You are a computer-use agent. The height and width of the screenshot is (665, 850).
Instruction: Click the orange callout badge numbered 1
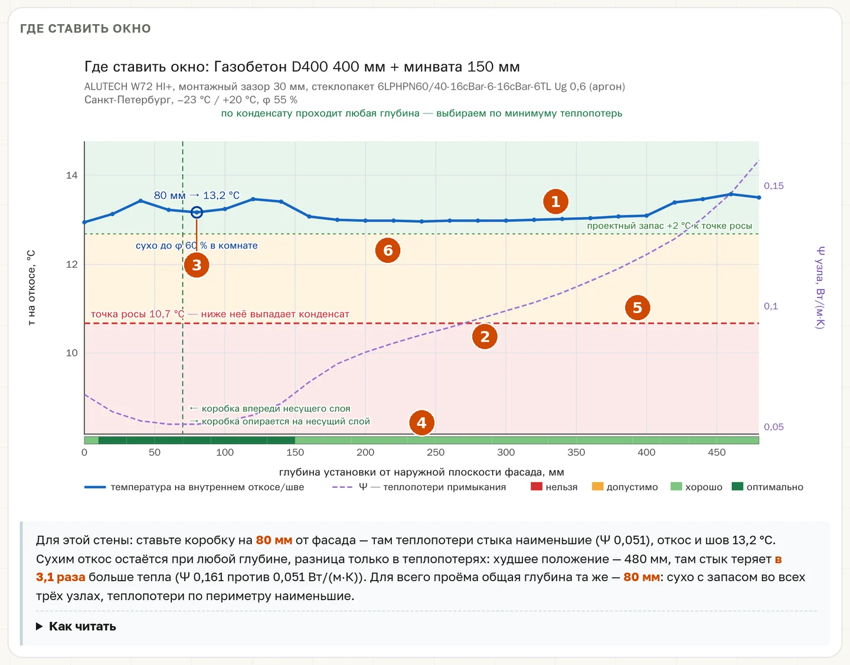[x=555, y=202]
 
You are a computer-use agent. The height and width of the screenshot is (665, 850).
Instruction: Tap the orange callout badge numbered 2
[x=485, y=337]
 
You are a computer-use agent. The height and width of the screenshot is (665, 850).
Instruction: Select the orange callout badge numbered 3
[x=197, y=265]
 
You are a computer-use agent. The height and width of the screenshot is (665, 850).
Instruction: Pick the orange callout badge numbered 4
[x=421, y=423]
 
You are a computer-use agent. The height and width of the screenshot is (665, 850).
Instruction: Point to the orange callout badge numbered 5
[x=637, y=308]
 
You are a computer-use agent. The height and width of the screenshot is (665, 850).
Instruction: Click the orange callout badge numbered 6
[x=388, y=250]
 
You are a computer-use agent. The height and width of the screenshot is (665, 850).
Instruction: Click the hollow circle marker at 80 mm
[x=197, y=213]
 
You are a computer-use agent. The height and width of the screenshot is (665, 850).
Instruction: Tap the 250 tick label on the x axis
[x=436, y=452]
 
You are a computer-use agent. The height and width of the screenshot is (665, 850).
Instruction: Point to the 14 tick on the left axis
[x=71, y=175]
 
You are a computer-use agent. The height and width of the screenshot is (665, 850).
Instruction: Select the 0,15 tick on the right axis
[x=774, y=186]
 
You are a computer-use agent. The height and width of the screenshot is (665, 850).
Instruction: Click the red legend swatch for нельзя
[x=537, y=487]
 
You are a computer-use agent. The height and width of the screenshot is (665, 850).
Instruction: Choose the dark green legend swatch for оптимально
[x=737, y=487]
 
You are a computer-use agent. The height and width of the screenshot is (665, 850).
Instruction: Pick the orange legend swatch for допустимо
[x=597, y=487]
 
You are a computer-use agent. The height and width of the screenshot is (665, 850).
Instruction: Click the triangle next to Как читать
[x=39, y=626]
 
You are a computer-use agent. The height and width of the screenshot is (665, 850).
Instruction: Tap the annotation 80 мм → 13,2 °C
[x=197, y=195]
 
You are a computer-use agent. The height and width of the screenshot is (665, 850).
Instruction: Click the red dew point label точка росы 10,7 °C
[x=138, y=314]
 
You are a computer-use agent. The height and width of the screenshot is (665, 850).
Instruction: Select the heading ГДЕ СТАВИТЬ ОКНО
[x=85, y=28]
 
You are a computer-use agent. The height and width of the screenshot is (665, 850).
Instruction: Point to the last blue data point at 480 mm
[x=759, y=197]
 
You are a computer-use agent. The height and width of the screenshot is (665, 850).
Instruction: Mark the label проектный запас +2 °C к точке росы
[x=669, y=226]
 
